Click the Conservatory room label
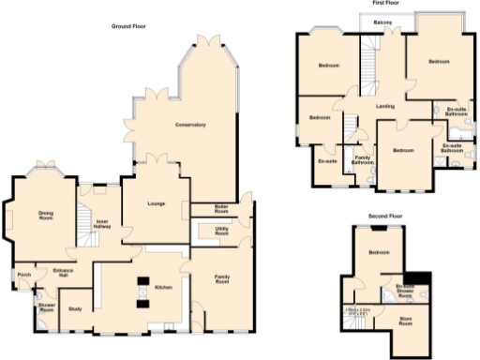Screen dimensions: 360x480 [189, 125]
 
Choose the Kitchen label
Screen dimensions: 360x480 [162, 287]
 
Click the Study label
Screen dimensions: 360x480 [75, 308]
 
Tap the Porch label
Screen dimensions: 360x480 [24, 275]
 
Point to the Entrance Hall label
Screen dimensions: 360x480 [64, 273]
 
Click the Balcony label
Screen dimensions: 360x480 [382, 21]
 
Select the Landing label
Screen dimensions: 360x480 [384, 106]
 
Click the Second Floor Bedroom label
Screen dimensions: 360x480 [379, 253]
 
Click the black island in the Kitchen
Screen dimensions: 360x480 [143, 281]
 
